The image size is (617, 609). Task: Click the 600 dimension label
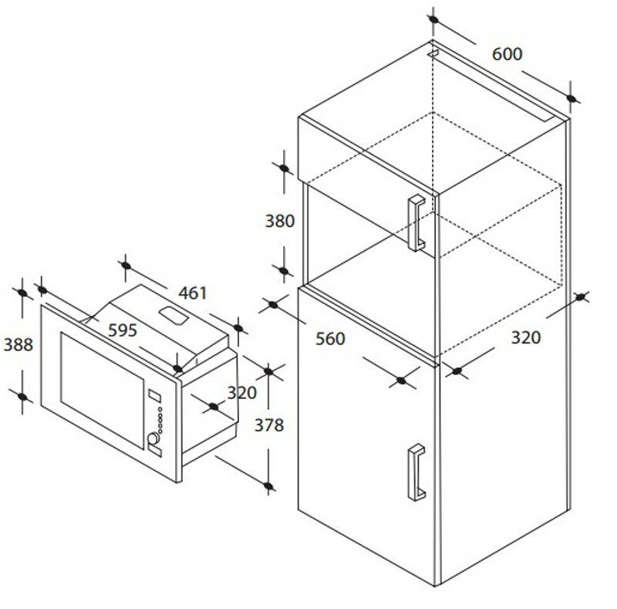[507, 54]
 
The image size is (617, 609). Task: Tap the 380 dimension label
[280, 222]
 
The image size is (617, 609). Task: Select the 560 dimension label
[330, 339]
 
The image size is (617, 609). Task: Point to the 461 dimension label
[193, 293]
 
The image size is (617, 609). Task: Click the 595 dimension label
[122, 330]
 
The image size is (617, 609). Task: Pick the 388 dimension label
[19, 345]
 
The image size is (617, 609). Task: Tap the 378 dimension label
[268, 425]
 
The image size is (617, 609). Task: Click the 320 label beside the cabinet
[526, 337]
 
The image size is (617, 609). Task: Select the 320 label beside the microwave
[241, 393]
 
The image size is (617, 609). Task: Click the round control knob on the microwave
[153, 441]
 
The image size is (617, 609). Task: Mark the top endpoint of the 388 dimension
[23, 293]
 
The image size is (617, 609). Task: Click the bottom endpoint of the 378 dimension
[268, 486]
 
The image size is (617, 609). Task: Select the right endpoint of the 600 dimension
[571, 98]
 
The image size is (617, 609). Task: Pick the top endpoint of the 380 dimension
[283, 167]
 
